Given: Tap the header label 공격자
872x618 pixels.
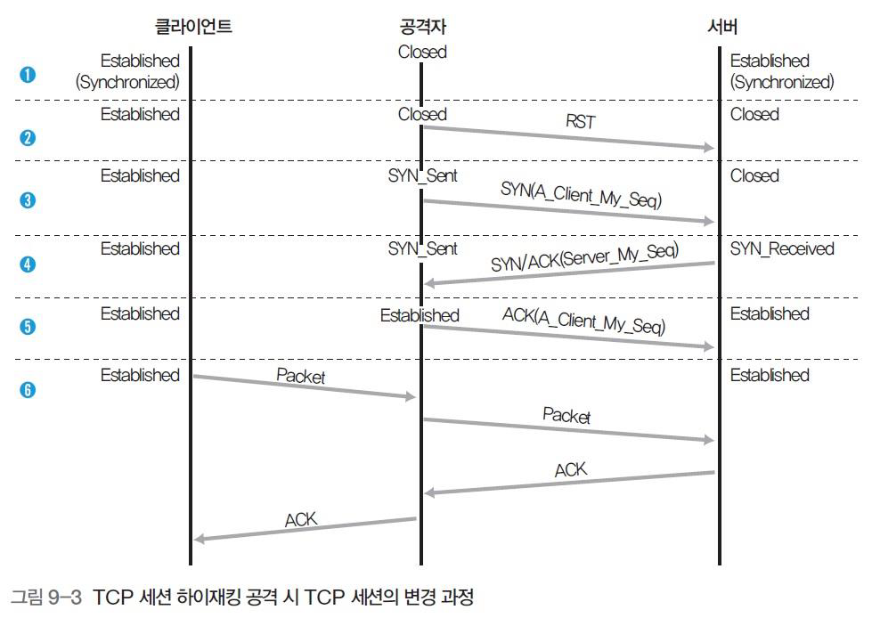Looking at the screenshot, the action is pyautogui.click(x=421, y=26).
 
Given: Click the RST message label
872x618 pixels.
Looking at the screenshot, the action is pyautogui.click(x=581, y=121).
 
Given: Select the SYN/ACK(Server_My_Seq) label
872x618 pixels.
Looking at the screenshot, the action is pyautogui.click(x=584, y=257).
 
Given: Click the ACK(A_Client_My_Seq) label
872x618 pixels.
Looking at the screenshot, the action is pyautogui.click(x=583, y=321).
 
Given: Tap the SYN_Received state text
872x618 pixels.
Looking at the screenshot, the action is pyautogui.click(x=782, y=248).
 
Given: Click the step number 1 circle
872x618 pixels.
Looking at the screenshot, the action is pyautogui.click(x=28, y=74).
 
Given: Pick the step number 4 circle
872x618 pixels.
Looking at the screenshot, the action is pyautogui.click(x=28, y=264).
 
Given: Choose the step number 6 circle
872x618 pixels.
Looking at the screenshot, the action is pyautogui.click(x=28, y=390).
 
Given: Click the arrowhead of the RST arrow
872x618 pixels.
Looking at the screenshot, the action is pyautogui.click(x=710, y=148).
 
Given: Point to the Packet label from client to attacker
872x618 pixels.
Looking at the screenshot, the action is pyautogui.click(x=300, y=376).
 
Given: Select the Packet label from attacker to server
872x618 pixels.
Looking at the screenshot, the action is pyautogui.click(x=566, y=415).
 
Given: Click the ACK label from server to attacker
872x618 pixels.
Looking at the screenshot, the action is pyautogui.click(x=570, y=469).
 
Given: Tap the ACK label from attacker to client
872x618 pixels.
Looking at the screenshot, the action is pyautogui.click(x=301, y=519).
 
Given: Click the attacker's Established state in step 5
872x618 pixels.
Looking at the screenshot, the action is pyautogui.click(x=420, y=315).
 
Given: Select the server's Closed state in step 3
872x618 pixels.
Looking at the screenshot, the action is pyautogui.click(x=754, y=175).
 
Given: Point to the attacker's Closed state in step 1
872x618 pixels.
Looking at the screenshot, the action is pyautogui.click(x=422, y=52).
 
